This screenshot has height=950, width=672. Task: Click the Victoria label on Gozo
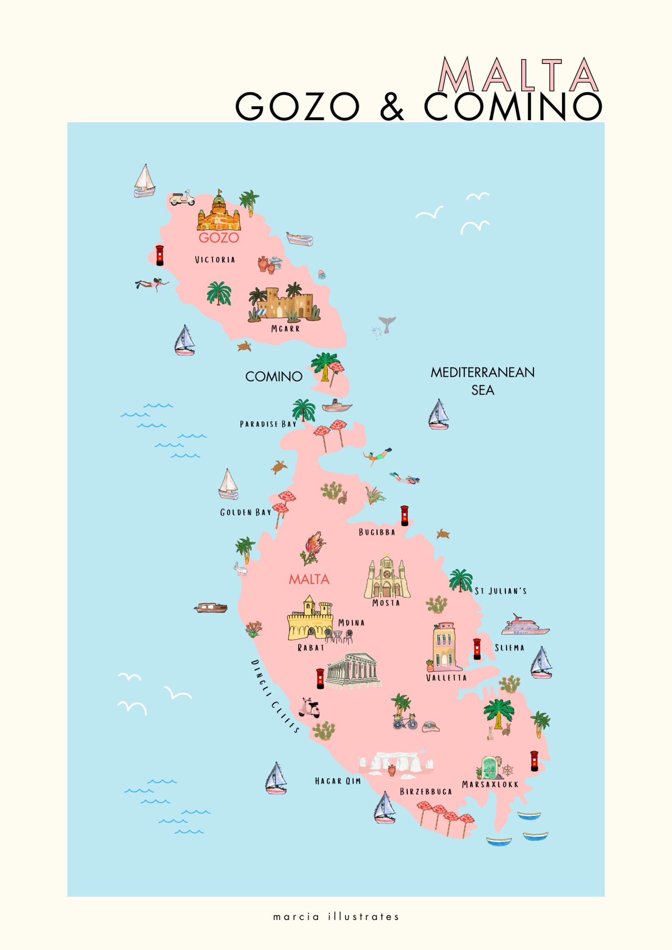click(215, 260)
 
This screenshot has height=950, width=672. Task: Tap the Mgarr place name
click(285, 329)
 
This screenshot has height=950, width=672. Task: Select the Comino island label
click(274, 376)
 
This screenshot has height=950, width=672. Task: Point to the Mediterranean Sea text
click(482, 381)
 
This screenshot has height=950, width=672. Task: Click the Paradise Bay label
click(268, 424)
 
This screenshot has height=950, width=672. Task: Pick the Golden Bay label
click(245, 512)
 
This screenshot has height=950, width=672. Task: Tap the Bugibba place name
click(377, 532)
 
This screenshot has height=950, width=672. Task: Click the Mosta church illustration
click(387, 576)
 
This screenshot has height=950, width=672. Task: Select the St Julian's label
click(501, 591)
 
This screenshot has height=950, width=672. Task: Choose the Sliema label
click(510, 648)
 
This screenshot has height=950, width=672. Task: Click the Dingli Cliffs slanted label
click(275, 696)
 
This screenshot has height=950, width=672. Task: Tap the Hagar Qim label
click(338, 781)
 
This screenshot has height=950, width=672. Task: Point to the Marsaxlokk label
click(490, 784)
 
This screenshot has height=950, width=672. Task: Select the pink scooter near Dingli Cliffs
click(310, 708)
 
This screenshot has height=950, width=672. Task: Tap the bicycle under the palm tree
click(405, 722)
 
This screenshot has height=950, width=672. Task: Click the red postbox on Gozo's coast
click(160, 255)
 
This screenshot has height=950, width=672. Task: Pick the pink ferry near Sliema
click(525, 626)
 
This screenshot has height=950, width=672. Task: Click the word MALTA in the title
click(518, 75)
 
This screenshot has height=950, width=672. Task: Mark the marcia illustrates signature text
click(336, 917)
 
